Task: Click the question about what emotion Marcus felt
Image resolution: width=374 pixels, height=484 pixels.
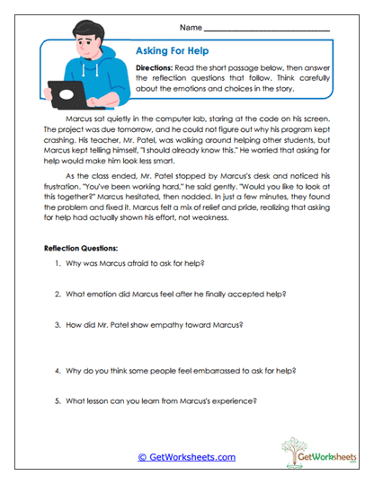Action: coord(166,294)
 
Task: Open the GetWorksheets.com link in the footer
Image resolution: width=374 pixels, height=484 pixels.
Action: coord(186,456)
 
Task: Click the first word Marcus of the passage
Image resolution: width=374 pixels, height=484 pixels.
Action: coord(80,117)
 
